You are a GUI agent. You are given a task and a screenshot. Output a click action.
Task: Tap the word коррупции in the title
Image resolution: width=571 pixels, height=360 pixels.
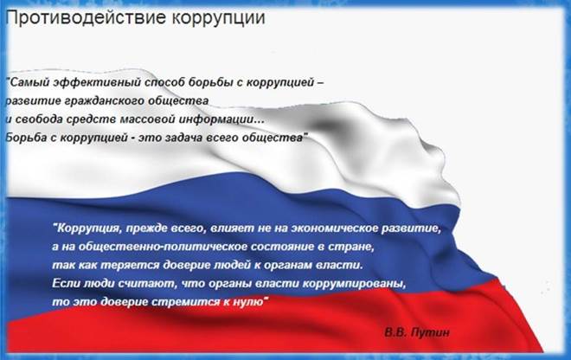219,18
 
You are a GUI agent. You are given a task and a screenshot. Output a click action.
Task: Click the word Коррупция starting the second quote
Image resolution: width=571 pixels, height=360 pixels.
87,228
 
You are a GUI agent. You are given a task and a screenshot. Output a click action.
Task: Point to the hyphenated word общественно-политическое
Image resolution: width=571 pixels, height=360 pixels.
157,247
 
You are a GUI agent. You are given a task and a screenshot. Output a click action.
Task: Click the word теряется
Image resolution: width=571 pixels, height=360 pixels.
130,266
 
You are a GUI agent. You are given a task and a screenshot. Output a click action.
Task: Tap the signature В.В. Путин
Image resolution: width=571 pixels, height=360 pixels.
417,332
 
